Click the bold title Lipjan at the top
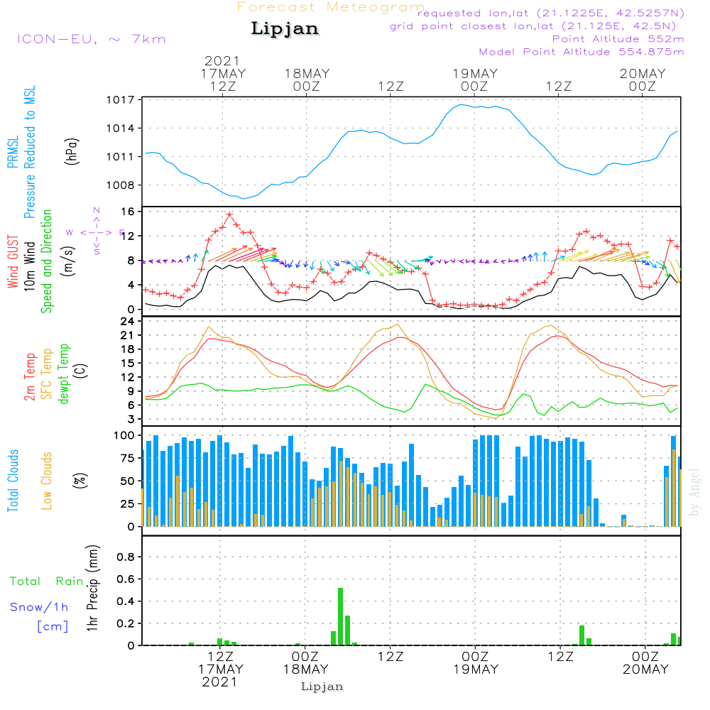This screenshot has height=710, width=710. click(285, 29)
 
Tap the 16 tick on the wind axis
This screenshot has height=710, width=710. click(129, 212)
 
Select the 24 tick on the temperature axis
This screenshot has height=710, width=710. click(129, 321)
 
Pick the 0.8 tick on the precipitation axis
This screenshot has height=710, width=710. click(126, 557)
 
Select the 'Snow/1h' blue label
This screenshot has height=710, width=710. click(40, 607)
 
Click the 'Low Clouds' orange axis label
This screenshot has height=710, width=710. click(48, 480)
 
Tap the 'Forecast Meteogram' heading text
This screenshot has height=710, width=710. click(331, 7)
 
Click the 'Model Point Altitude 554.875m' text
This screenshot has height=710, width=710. click(581, 52)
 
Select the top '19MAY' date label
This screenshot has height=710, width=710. click(474, 74)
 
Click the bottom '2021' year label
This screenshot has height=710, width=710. click(220, 682)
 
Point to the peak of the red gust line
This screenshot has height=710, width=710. click(229, 214)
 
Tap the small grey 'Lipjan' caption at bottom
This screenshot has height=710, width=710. click(322, 687)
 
